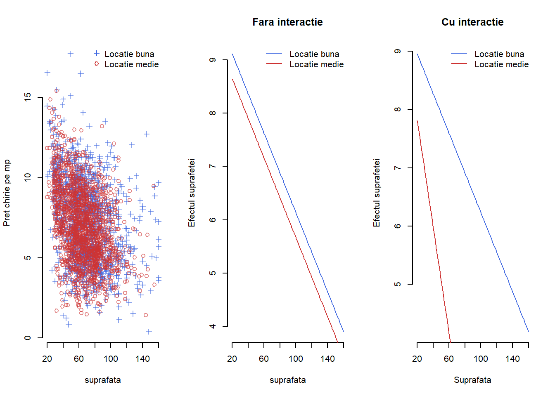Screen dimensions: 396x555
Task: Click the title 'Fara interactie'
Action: [x=287, y=22]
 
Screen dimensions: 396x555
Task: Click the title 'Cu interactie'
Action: [x=472, y=22]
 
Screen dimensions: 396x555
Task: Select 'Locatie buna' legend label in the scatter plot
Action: [x=129, y=54]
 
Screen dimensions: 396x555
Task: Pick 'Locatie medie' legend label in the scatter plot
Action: [x=131, y=64]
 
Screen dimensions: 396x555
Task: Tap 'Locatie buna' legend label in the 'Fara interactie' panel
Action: [x=314, y=54]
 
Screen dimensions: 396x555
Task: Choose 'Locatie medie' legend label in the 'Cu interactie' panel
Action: [x=501, y=64]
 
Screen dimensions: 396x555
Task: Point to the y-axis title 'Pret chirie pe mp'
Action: [x=7, y=193]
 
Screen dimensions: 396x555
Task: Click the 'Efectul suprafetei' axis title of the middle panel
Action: [x=192, y=193]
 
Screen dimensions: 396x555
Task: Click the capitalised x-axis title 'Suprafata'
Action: [x=472, y=380]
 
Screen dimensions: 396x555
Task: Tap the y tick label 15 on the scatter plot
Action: [x=28, y=97]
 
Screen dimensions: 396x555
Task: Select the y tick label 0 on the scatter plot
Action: [x=28, y=338]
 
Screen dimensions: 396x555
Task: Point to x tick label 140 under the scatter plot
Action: [x=142, y=359]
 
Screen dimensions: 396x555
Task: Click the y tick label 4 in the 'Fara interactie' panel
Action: [x=213, y=326]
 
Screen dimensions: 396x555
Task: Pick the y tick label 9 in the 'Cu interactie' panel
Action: [x=398, y=52]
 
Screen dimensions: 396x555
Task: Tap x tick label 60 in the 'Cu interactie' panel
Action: [x=449, y=359]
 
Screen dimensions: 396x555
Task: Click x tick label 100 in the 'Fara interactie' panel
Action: [x=296, y=359]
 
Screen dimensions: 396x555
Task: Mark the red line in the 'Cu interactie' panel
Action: [x=434, y=231]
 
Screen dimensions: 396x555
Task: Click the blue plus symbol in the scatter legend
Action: [x=97, y=53]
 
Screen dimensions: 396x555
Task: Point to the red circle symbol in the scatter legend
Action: [x=97, y=64]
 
